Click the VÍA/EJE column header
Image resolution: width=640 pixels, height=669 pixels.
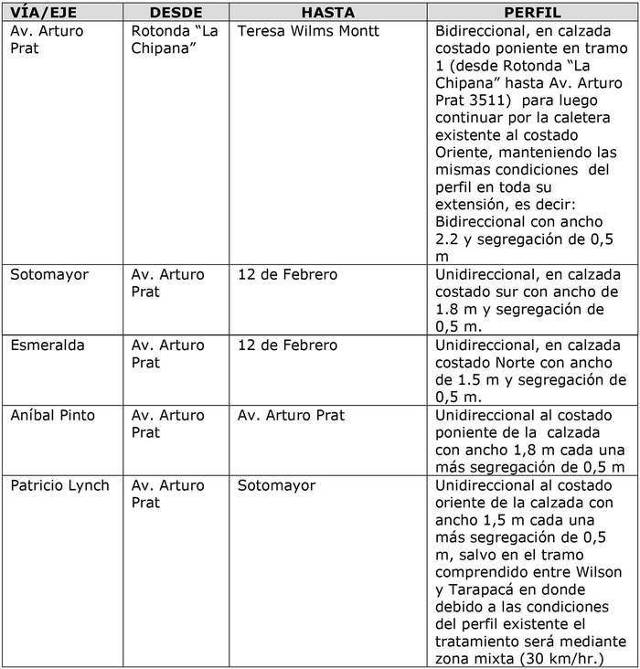coord(44,14)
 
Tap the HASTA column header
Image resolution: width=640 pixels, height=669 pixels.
coord(328,14)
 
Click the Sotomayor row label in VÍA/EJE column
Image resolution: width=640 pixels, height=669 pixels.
coord(49,275)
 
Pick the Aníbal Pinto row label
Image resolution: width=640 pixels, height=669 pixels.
coord(53,416)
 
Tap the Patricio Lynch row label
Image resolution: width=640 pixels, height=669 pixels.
coord(59,485)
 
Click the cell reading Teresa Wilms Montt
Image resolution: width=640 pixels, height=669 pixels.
coord(308,31)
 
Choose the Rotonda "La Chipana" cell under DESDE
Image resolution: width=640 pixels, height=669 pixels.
coord(174,39)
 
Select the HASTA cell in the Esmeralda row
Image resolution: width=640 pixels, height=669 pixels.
coord(287,345)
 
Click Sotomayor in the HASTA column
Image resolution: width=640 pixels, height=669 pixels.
coord(277,485)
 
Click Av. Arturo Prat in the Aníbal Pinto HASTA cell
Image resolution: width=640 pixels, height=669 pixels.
coord(291,416)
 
